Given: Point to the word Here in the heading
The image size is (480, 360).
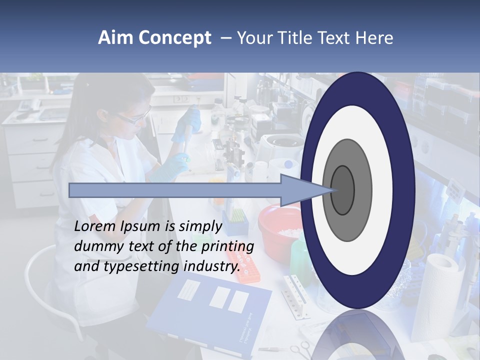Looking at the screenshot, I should [374, 38].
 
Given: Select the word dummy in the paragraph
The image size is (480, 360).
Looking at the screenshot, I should [95, 246].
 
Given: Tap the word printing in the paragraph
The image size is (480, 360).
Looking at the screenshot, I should [227, 246].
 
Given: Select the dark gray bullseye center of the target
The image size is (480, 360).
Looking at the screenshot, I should [342, 190].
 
